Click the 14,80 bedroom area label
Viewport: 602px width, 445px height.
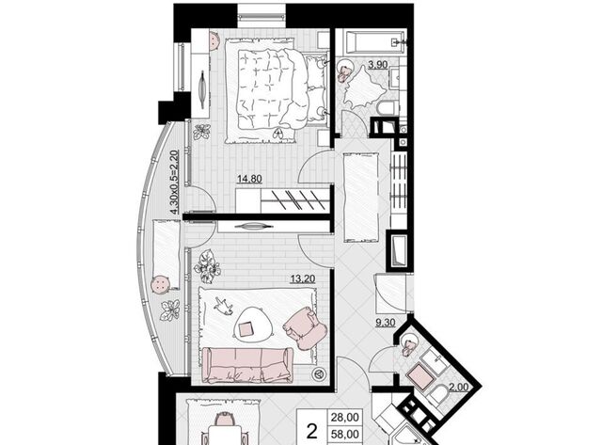(x=249, y=179)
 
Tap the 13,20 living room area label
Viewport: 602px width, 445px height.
(x=303, y=278)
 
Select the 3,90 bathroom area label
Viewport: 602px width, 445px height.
(x=378, y=65)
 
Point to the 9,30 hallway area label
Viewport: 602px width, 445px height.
(x=385, y=323)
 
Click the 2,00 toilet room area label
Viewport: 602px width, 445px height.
(x=459, y=387)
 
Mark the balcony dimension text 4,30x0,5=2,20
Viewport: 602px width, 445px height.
(x=175, y=183)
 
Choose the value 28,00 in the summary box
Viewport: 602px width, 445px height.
(x=345, y=418)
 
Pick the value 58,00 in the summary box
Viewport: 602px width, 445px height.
(x=345, y=435)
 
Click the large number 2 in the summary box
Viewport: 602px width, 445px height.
(x=312, y=431)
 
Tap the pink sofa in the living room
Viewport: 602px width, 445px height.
(x=247, y=365)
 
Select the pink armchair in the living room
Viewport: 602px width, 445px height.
(x=305, y=328)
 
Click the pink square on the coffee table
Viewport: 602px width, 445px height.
(x=246, y=329)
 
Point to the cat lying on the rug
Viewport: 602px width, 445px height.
(x=223, y=306)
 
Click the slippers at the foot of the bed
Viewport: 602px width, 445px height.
(x=278, y=134)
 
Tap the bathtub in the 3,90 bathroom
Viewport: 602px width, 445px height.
(x=375, y=42)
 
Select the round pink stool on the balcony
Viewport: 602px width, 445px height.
(x=161, y=285)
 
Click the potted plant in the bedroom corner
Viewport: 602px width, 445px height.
(x=201, y=132)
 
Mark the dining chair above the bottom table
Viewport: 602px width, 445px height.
(x=224, y=419)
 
